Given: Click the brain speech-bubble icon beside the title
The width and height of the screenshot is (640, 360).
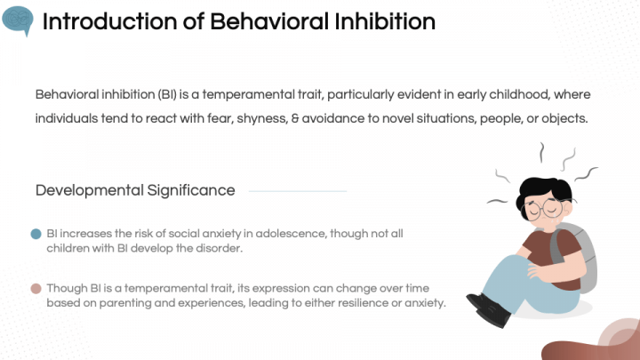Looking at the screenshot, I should (x=17, y=20).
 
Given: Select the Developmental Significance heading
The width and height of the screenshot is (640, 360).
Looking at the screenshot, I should (x=135, y=190).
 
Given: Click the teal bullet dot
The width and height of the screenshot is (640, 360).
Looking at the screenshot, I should (x=36, y=234).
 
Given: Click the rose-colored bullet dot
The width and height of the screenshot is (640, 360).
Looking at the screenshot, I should (x=36, y=288).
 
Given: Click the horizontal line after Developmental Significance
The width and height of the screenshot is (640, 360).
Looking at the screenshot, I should (x=297, y=191).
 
